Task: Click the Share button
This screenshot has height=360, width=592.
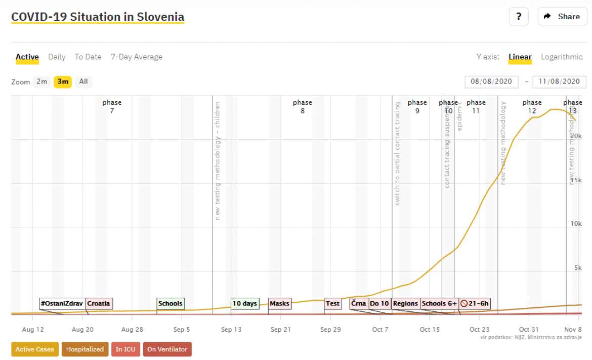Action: (562, 17)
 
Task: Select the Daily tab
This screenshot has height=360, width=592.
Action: (57, 57)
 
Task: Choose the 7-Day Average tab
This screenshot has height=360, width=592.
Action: (137, 57)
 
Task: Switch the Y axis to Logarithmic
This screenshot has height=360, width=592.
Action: (562, 57)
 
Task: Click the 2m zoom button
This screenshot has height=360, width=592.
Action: (42, 82)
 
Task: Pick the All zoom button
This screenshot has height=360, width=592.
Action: (83, 82)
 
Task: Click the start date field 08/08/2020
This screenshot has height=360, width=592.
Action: (491, 82)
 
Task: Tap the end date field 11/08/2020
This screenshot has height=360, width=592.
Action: (559, 82)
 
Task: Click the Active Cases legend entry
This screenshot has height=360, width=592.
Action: (34, 349)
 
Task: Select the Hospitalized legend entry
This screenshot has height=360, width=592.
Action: (85, 349)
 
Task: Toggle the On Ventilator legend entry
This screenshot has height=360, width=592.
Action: (167, 349)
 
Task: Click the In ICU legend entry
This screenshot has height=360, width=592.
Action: (125, 349)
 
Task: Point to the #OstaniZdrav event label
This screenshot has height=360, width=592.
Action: (62, 303)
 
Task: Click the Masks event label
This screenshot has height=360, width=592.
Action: (279, 303)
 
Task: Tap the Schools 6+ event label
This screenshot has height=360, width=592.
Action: (439, 303)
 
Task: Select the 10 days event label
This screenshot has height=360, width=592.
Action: (245, 303)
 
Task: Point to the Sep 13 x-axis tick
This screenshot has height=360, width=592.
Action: (231, 330)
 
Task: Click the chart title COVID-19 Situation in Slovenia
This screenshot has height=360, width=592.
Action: (98, 17)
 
